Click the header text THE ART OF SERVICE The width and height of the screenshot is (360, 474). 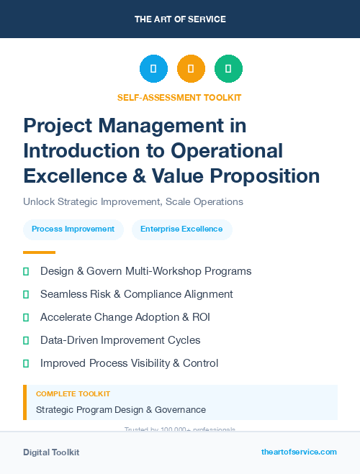point(179,19)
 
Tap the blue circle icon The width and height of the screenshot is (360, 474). point(153,69)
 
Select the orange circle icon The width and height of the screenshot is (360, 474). point(191,69)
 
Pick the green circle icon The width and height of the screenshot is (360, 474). point(228,69)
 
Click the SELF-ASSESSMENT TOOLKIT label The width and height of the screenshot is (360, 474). point(179,97)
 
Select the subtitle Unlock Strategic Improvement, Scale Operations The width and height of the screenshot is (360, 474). point(133,202)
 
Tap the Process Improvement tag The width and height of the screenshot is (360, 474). point(73,229)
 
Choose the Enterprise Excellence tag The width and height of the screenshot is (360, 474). point(181,229)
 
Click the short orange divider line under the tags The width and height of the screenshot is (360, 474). point(39,252)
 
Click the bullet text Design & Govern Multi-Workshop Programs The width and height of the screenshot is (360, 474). point(145,271)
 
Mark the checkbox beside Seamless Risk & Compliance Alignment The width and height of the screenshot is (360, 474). point(27,294)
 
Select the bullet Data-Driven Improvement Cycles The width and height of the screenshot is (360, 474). point(120,340)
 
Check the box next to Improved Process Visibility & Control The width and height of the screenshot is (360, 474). point(27,363)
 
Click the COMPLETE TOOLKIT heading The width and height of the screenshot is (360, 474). point(73,394)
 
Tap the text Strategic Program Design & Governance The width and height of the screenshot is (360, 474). point(121,410)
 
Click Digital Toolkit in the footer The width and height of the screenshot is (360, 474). point(51,452)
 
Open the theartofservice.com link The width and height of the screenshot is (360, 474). point(299,452)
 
